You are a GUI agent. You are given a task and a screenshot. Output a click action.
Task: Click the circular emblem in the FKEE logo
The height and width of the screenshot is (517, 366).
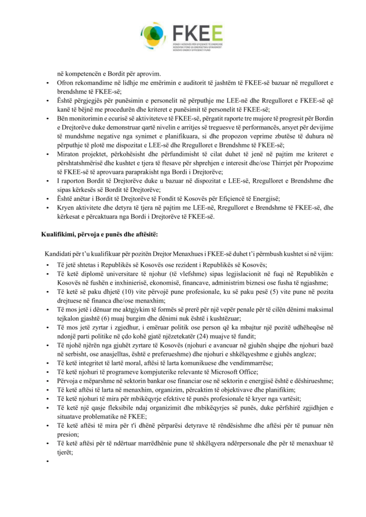[x=154, y=34]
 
